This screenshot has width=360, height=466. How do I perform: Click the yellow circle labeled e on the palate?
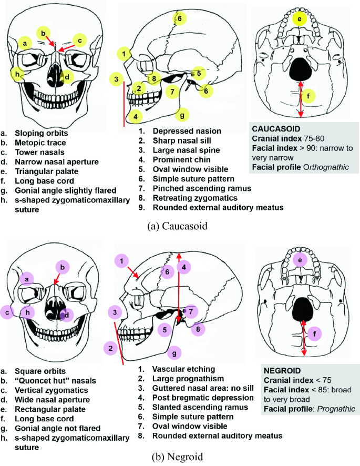click(300, 20)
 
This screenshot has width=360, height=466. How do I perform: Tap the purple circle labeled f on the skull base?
click(314, 333)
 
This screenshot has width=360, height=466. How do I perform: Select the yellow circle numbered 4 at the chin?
click(135, 116)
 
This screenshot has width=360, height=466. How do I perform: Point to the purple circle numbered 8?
click(198, 330)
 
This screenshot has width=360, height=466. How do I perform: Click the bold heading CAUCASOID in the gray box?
click(276, 128)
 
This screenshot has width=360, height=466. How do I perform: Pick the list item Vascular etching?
click(181, 369)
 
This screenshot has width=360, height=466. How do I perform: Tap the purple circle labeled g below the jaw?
click(175, 352)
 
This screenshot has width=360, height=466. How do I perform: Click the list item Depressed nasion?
click(187, 130)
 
